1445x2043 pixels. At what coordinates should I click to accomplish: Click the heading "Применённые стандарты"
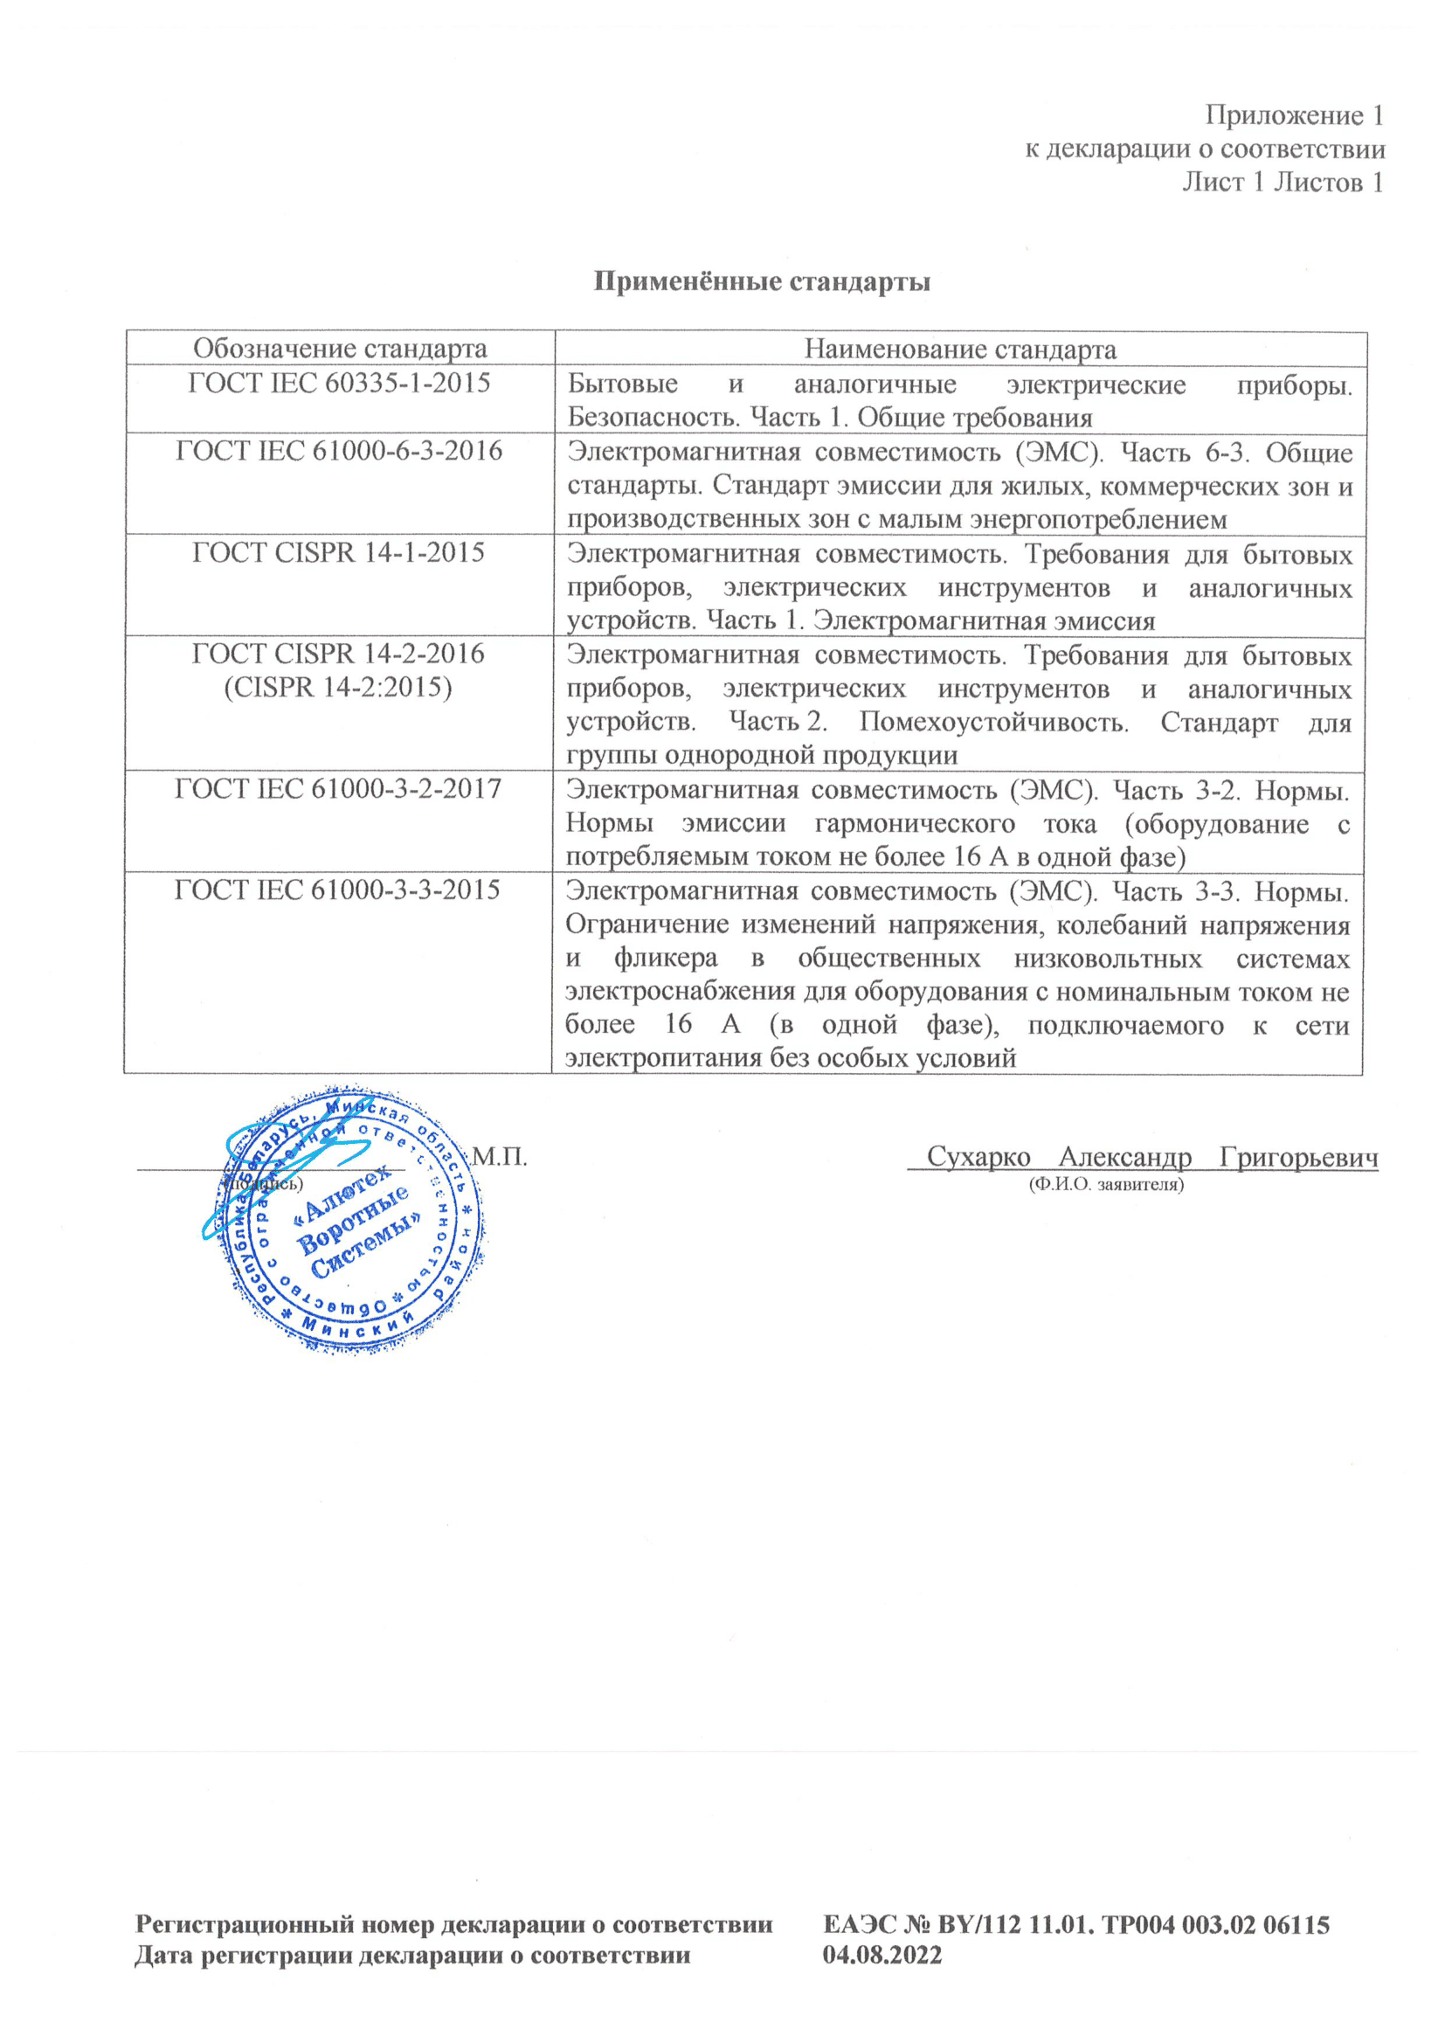(762, 282)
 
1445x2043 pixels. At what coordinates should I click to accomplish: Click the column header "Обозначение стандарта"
(340, 348)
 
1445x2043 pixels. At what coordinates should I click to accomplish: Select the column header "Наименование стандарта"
(960, 349)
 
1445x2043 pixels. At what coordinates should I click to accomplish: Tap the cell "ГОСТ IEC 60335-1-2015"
(339, 383)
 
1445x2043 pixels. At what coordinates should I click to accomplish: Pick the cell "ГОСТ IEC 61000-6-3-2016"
(339, 451)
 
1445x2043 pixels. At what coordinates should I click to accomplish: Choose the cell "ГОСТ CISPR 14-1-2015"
(339, 552)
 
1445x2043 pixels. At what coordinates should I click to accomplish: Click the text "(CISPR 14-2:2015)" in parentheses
(338, 687)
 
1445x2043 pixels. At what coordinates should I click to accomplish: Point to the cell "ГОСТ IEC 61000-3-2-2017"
(338, 788)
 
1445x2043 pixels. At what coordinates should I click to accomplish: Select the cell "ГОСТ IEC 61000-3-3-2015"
(338, 890)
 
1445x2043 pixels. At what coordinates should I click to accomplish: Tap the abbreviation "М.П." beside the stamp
(499, 1157)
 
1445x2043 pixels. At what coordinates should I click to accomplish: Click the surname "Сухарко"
(978, 1157)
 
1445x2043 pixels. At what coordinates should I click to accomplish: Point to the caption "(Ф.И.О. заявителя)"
(1106, 1184)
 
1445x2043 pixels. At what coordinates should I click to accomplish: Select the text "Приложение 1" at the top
(1294, 115)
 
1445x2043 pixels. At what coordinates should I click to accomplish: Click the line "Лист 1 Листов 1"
(1283, 183)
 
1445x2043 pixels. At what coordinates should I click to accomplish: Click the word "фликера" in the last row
(666, 959)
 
